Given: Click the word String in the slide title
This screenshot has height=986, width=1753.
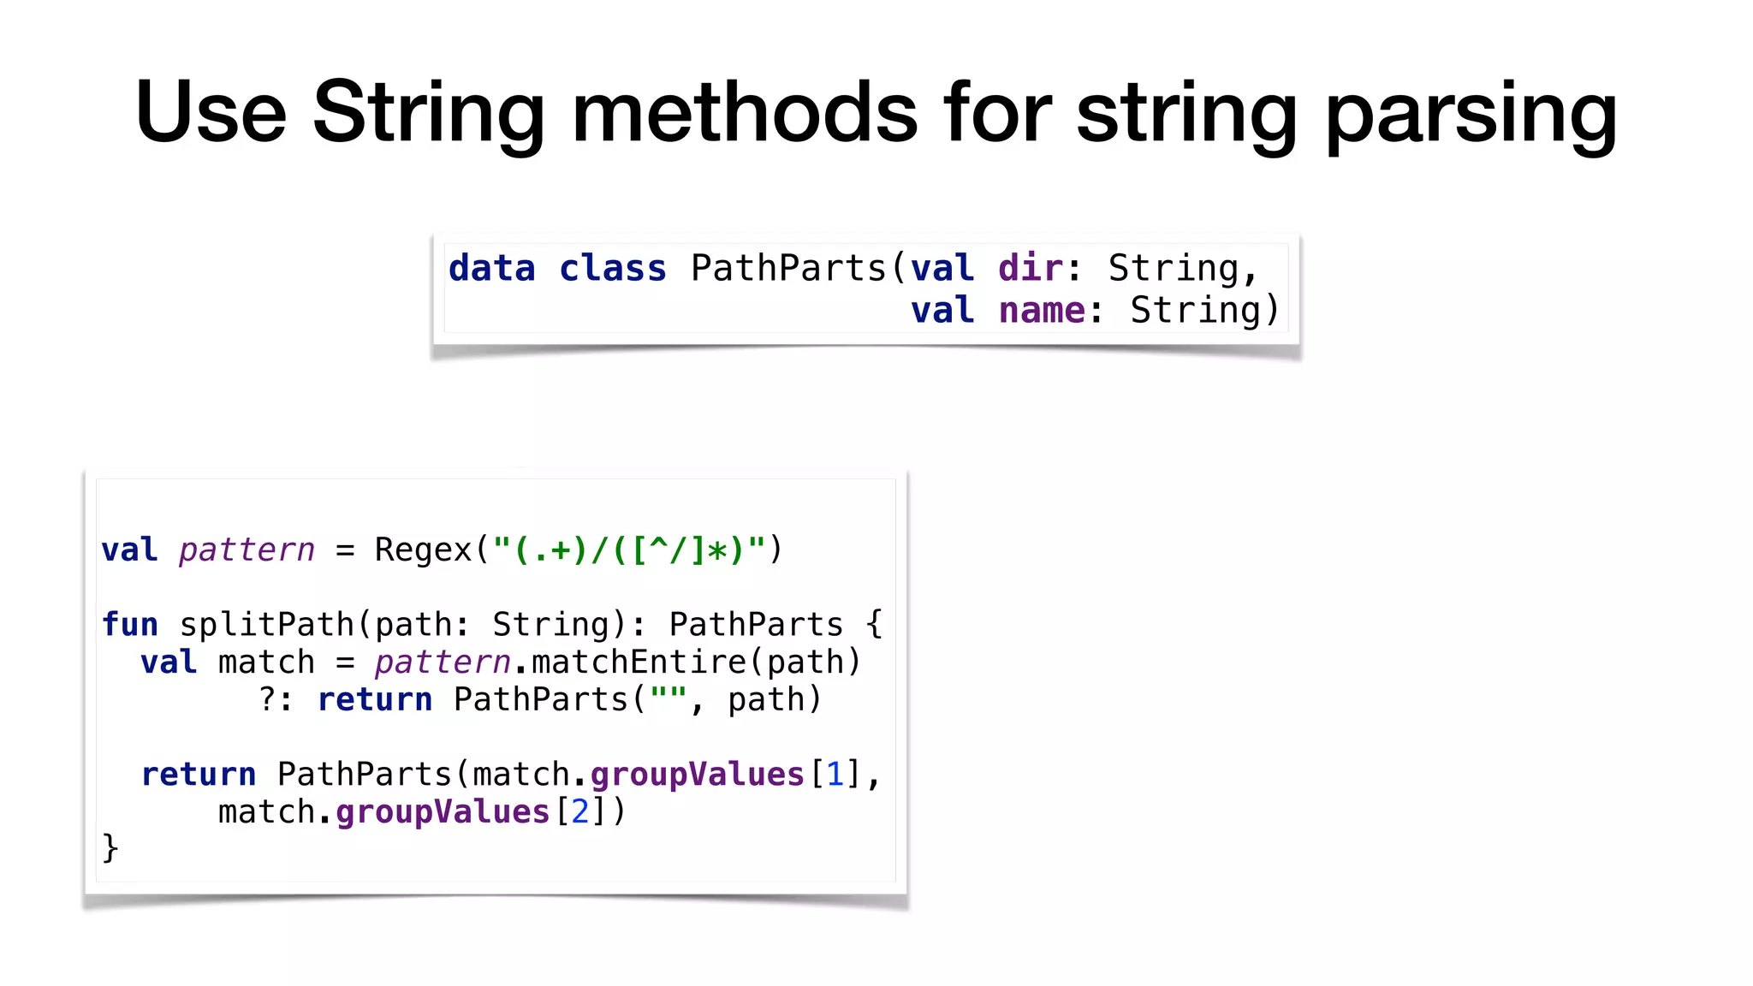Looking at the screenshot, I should (x=428, y=114).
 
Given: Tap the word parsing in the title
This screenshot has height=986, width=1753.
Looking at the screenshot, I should (x=1471, y=114).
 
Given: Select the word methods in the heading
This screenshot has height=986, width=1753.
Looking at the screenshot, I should (x=745, y=112).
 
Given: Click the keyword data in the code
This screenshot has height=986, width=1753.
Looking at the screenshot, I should (x=491, y=269).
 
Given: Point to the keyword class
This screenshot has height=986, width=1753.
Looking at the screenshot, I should (x=612, y=269).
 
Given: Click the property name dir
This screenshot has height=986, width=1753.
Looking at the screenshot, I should (x=1029, y=269).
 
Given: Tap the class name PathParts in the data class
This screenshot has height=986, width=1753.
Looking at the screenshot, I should (x=788, y=269).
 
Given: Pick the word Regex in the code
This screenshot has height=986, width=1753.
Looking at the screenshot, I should (x=424, y=549).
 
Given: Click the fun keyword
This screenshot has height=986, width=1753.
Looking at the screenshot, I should (x=129, y=625).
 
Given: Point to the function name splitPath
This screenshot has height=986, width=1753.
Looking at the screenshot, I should (x=267, y=625).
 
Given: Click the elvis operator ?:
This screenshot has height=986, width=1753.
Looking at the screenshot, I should (x=276, y=700).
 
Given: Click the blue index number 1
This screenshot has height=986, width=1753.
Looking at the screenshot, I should (x=835, y=775).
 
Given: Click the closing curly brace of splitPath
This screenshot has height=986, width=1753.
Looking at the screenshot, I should (x=110, y=848).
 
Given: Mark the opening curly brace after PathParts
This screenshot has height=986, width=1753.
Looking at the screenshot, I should (x=874, y=625).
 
